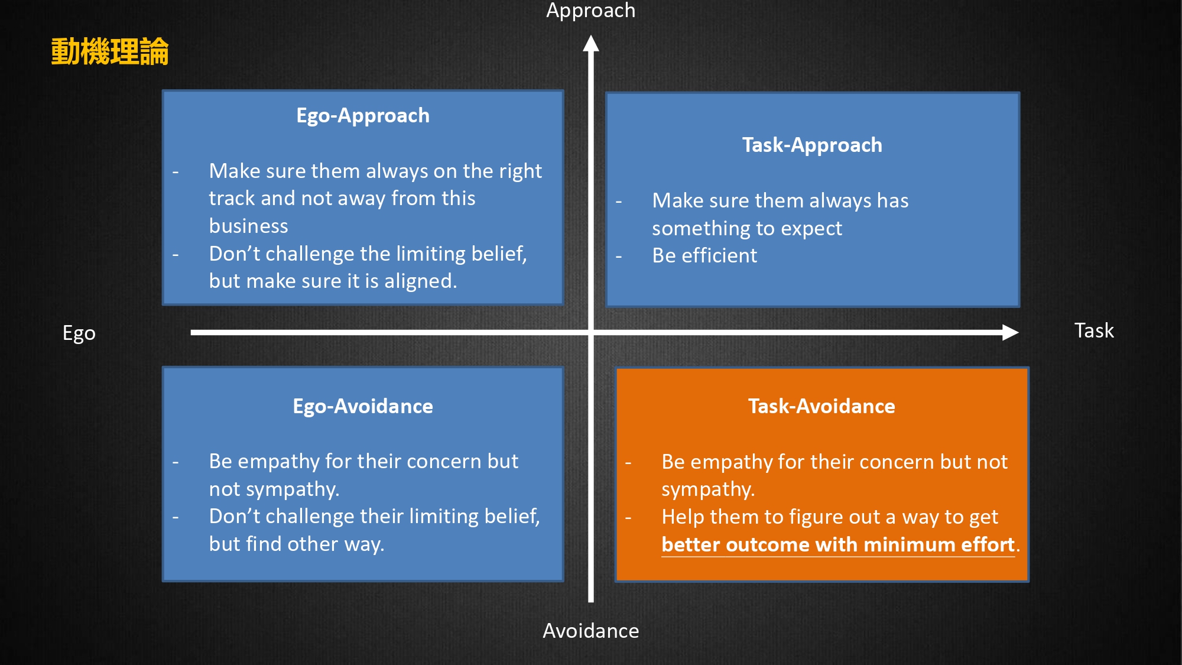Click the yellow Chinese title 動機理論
pyautogui.click(x=110, y=51)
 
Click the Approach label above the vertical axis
pyautogui.click(x=590, y=11)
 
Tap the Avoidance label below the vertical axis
pyautogui.click(x=590, y=631)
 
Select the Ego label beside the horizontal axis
pyautogui.click(x=79, y=333)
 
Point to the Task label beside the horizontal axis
pyautogui.click(x=1094, y=330)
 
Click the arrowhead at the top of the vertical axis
pyautogui.click(x=591, y=43)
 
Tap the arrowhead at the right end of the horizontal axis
pyautogui.click(x=1011, y=332)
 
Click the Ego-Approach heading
pyautogui.click(x=363, y=116)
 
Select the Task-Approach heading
pyautogui.click(x=812, y=145)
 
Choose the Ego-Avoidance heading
pyautogui.click(x=363, y=406)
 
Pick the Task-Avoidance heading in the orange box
pyautogui.click(x=821, y=406)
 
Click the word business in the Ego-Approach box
pyautogui.click(x=249, y=226)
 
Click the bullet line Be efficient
pyautogui.click(x=704, y=255)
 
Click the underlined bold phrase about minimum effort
pyautogui.click(x=838, y=544)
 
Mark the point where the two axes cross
pyautogui.click(x=591, y=332)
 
